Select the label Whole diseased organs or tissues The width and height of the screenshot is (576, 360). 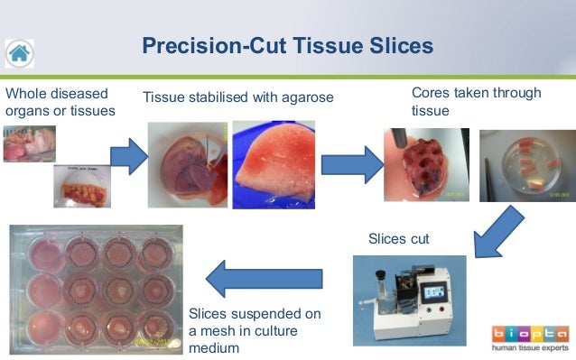(60, 102)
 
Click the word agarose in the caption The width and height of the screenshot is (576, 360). (304, 97)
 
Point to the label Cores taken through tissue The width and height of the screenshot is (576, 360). (476, 101)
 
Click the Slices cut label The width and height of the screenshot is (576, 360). (398, 239)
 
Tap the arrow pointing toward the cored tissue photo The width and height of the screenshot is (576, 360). (352, 166)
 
